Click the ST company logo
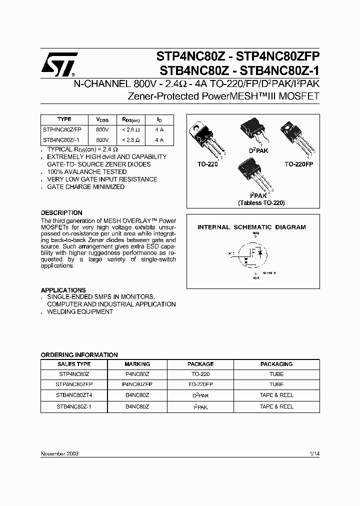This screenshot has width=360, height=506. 58,64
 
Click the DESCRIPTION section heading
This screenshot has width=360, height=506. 61,212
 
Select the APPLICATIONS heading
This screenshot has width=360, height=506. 63,290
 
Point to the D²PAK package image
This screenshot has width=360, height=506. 254,131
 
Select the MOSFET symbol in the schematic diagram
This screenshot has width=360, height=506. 252,255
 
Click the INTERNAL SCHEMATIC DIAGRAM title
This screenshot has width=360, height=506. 251,227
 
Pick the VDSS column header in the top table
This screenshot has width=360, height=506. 102,120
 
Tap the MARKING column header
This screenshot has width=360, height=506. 137,364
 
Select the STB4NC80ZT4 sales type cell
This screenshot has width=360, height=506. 74,395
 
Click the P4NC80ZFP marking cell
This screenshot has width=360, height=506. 137,384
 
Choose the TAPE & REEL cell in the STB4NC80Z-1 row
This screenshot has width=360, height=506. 276,406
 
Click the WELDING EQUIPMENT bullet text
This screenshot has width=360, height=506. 80,311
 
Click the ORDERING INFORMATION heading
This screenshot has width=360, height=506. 79,354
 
